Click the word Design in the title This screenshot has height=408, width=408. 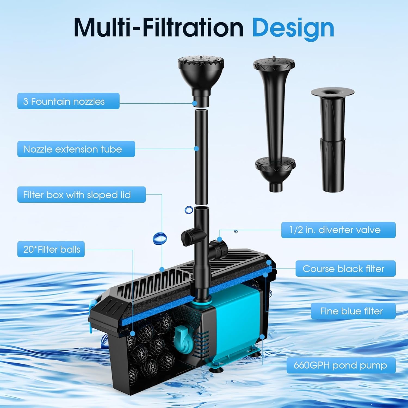[x=293, y=28]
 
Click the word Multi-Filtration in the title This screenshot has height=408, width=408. [x=159, y=28]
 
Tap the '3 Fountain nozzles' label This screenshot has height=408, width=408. [x=68, y=101]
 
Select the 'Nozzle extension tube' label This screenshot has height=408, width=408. [x=76, y=149]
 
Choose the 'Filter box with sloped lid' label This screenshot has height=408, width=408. [x=81, y=195]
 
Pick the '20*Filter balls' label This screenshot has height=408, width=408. [x=51, y=249]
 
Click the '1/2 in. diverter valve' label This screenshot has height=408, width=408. [x=338, y=230]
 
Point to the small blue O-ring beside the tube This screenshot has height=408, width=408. [x=188, y=210]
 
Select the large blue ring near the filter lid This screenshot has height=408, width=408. [x=160, y=238]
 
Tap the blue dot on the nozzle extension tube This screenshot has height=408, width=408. [x=196, y=149]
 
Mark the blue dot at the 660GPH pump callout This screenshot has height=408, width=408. [x=262, y=337]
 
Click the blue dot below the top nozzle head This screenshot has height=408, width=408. [x=194, y=103]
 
